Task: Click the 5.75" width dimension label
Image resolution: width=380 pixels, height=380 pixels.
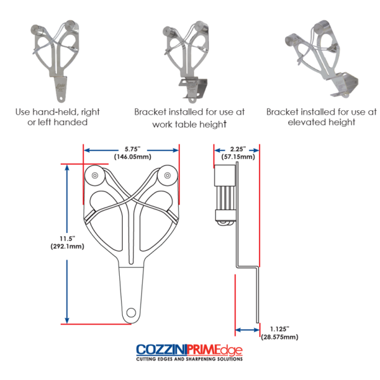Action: (132, 149)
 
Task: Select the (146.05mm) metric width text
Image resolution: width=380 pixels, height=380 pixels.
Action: (132, 157)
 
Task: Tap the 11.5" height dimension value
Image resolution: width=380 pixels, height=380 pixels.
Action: (67, 239)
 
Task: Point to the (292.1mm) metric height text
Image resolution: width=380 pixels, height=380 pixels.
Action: (67, 246)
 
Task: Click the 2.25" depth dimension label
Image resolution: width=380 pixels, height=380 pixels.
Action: (238, 149)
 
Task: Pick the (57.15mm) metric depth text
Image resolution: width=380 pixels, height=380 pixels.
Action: (238, 157)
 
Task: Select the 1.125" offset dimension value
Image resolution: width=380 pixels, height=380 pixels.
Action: (280, 329)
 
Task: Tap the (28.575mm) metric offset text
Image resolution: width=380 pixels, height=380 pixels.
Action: (280, 337)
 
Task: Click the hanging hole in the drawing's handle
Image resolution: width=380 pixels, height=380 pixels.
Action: (131, 313)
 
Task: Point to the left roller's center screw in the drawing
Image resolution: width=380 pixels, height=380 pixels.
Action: (95, 175)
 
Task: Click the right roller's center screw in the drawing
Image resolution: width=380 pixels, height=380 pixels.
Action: (167, 175)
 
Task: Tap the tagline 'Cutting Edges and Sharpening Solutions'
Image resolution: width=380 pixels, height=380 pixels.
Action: (189, 358)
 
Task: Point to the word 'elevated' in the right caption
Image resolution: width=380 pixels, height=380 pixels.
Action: (307, 122)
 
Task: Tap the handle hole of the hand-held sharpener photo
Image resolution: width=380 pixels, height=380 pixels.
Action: (61, 99)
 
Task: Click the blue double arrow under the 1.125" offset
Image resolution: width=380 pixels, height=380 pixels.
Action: (247, 330)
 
